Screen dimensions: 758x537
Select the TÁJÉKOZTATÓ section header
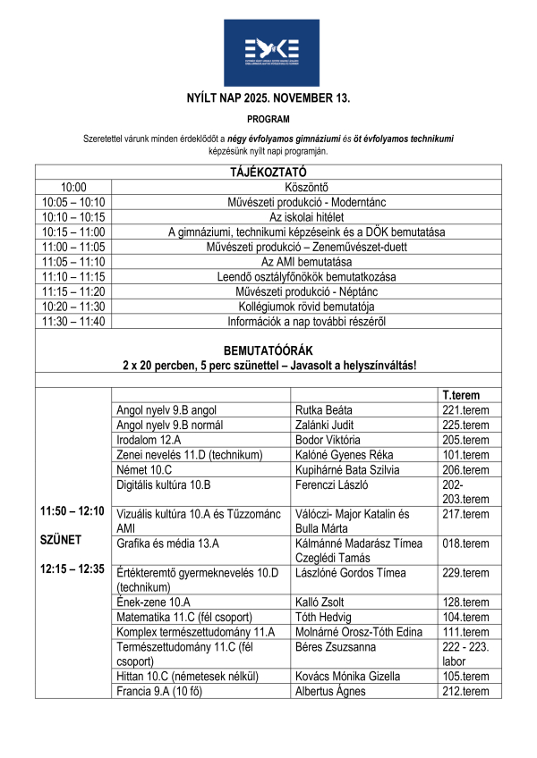[x=268, y=172]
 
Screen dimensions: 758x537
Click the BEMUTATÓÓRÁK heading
[x=268, y=351]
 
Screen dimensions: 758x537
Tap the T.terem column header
[x=461, y=394]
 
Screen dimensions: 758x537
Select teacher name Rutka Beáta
[x=327, y=409]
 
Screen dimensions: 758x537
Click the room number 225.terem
[x=465, y=425]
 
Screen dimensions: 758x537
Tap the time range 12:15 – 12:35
[x=72, y=568]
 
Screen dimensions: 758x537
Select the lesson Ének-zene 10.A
[x=153, y=602]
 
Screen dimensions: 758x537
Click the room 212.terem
[x=465, y=691]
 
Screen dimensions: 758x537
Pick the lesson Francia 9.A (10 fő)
[x=161, y=691]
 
